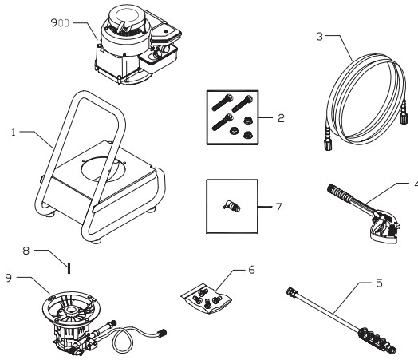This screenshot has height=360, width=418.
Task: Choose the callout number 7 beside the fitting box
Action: (x=279, y=207)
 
